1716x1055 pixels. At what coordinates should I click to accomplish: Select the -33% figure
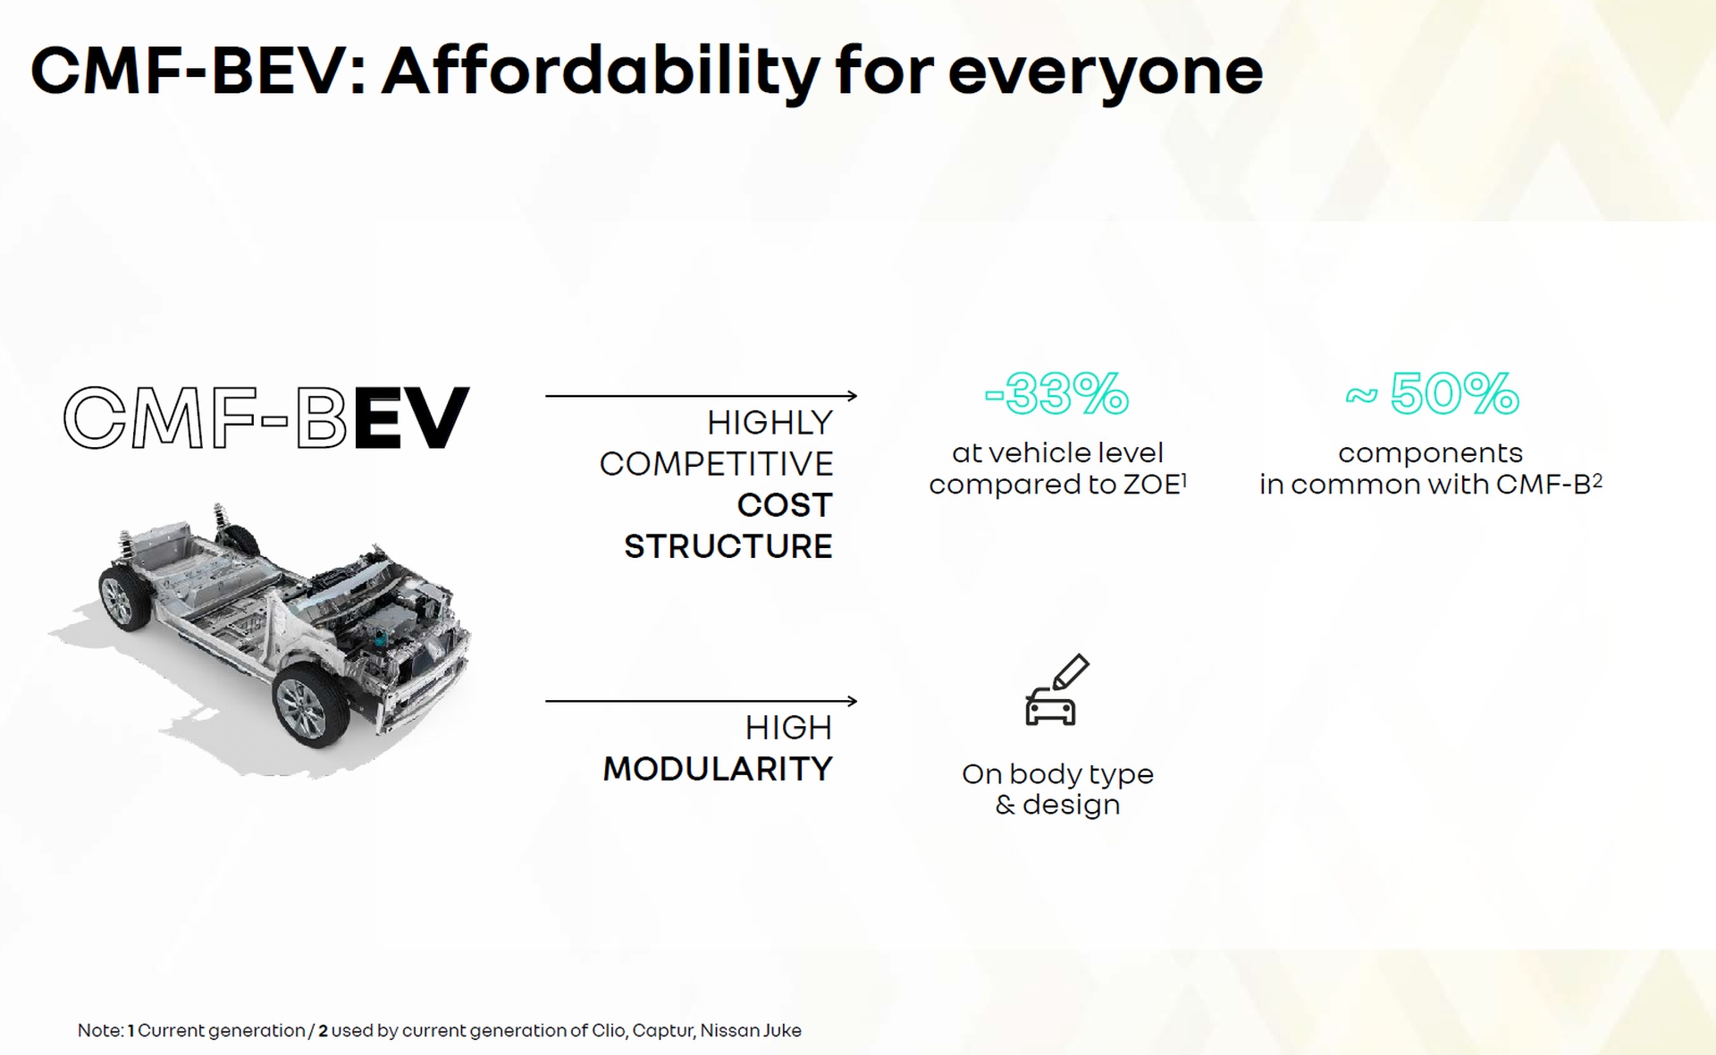coord(1057,393)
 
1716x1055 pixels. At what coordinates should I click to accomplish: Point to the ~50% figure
coord(1433,393)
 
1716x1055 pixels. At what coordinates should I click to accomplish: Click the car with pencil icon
coord(1056,689)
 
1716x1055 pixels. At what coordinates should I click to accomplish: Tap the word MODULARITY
coord(718,769)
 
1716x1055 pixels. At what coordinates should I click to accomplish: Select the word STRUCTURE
coord(728,546)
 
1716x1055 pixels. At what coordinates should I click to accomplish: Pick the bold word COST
coord(785,505)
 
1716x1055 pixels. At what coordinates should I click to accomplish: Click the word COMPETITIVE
coord(716,464)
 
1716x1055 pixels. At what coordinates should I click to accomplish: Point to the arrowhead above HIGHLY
coord(852,395)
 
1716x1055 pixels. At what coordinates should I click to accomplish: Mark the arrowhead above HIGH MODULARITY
coord(852,701)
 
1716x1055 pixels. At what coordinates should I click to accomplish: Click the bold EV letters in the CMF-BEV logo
coord(411,418)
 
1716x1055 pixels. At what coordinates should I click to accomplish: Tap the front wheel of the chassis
coord(310,707)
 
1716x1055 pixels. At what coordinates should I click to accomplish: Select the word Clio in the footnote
coord(608,1030)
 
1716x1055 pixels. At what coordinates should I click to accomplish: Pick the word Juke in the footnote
coord(782,1030)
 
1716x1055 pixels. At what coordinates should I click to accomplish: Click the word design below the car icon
coord(1071,806)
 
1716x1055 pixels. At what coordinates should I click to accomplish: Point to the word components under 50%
coord(1430,453)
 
